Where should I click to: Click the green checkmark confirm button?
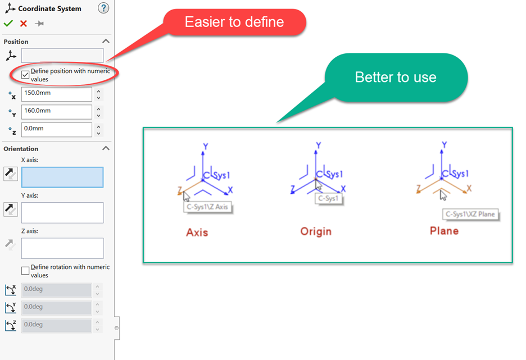[x=8, y=24]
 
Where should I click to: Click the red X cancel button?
[x=24, y=24]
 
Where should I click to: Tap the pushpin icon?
[x=39, y=24]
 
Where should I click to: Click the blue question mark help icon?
[x=103, y=8]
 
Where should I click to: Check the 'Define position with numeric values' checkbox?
[x=25, y=74]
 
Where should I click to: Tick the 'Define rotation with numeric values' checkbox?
[x=25, y=271]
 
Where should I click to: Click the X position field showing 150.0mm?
[x=56, y=94]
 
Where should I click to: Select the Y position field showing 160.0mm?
[x=56, y=112]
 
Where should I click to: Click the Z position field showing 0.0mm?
[x=56, y=130]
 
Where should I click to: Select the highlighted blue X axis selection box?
[x=62, y=177]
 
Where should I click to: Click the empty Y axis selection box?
[x=62, y=212]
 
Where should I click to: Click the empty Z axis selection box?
[x=62, y=248]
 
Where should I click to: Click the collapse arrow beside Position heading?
[x=106, y=41]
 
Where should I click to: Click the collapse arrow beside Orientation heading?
[x=106, y=148]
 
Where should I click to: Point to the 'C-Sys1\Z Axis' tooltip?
[x=208, y=207]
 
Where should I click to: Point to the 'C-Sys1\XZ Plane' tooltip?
[x=470, y=214]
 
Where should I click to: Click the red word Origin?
[x=316, y=231]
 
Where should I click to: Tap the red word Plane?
[x=444, y=231]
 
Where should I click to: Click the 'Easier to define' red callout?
[x=234, y=22]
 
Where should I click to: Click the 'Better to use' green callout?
[x=396, y=77]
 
